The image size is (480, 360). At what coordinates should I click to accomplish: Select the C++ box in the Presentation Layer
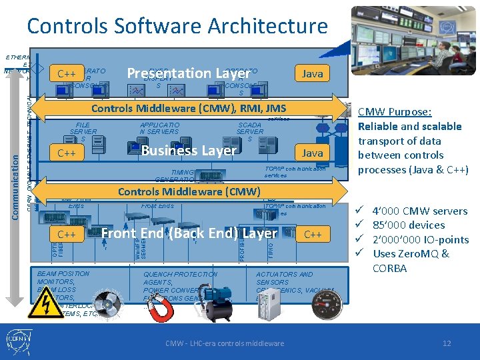(x=67, y=74)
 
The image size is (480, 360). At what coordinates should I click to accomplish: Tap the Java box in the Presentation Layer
(x=312, y=74)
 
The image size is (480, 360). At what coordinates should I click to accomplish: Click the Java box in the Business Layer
(x=312, y=153)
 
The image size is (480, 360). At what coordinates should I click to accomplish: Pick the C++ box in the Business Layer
(x=67, y=153)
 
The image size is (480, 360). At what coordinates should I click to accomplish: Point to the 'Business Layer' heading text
(x=189, y=151)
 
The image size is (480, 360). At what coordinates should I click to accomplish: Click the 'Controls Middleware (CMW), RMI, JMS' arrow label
(x=189, y=109)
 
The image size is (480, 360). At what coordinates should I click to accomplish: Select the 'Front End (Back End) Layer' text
(x=189, y=233)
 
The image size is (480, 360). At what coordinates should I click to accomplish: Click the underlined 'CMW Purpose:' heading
(x=395, y=112)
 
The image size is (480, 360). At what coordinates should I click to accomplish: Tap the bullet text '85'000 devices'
(x=409, y=225)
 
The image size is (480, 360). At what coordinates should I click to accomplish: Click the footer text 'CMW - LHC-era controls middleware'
(x=225, y=343)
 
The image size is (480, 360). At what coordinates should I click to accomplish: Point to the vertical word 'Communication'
(x=18, y=177)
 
